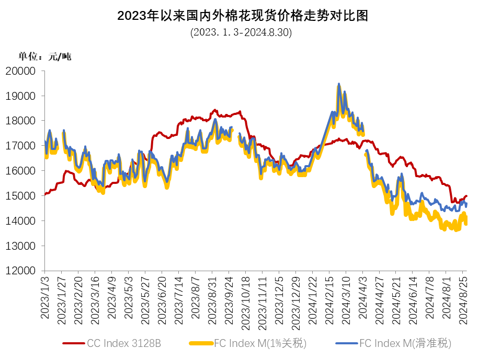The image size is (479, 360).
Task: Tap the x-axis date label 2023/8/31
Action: pyautogui.click(x=212, y=300)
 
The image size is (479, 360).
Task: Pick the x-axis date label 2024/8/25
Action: pyautogui.click(x=463, y=300)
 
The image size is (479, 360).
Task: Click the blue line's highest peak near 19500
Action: pyautogui.click(x=339, y=84)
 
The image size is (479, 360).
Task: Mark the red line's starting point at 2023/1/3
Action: pyautogui.click(x=45, y=194)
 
